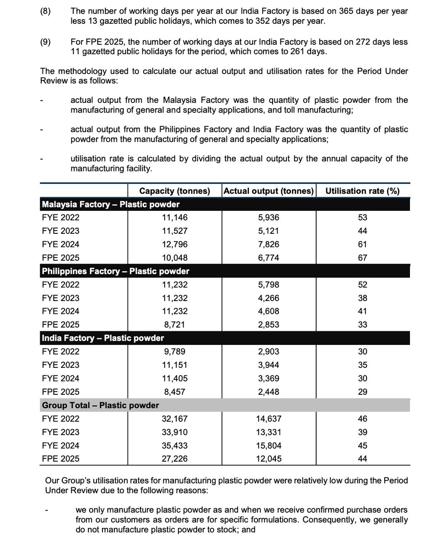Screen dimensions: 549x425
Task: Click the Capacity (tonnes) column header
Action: click(174, 191)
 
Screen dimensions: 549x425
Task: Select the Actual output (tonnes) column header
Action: click(268, 191)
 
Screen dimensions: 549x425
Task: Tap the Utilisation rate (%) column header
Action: click(362, 191)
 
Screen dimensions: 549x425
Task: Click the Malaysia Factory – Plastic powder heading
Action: click(110, 205)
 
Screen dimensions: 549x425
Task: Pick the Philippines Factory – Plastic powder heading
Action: click(115, 271)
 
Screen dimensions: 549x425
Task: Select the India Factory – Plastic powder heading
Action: click(103, 338)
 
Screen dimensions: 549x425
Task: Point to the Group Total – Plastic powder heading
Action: click(100, 405)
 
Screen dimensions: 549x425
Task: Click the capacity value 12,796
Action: click(174, 244)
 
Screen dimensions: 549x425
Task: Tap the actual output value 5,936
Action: click(268, 218)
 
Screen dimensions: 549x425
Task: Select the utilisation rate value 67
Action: click(362, 258)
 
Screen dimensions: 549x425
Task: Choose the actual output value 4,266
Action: click(268, 298)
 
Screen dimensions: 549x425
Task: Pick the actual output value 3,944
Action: click(268, 365)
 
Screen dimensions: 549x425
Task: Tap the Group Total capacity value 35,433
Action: click(174, 446)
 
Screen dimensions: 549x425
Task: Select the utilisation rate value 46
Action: click(362, 419)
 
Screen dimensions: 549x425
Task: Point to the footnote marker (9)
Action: click(46, 42)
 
